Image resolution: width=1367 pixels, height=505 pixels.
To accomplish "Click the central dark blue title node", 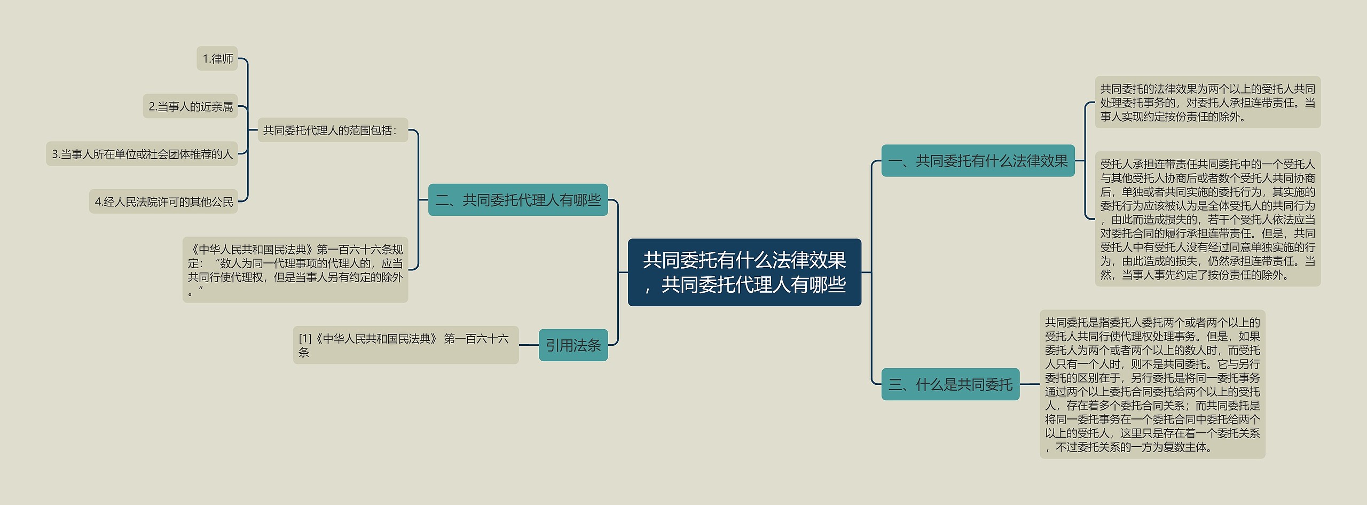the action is [x=744, y=272].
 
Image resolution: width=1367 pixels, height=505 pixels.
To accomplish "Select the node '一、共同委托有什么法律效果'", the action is [x=977, y=160].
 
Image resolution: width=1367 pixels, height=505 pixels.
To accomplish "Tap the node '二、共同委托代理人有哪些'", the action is [x=517, y=200].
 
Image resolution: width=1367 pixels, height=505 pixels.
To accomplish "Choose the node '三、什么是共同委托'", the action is [x=950, y=384].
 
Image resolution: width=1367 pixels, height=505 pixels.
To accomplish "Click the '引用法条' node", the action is [x=573, y=345].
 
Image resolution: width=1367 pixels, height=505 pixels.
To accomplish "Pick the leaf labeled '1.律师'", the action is [x=217, y=58].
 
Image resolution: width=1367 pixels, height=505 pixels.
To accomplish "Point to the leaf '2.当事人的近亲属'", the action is [x=190, y=106].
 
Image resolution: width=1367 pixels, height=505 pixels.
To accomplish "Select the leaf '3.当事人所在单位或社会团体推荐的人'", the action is [x=142, y=154].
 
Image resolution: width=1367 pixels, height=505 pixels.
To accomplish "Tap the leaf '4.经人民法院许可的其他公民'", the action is [x=163, y=201].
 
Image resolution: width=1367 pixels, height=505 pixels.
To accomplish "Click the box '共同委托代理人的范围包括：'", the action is [x=332, y=130].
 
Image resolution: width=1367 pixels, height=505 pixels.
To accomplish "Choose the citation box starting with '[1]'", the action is [x=405, y=345].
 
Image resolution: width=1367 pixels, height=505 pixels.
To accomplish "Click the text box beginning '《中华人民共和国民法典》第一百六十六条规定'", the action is [x=295, y=269].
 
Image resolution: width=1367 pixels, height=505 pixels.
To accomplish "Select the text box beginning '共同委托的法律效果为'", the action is [x=1207, y=102].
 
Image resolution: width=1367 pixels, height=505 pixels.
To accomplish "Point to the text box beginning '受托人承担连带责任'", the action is [x=1207, y=219].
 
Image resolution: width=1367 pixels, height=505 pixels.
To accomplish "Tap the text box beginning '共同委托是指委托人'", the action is [x=1152, y=384].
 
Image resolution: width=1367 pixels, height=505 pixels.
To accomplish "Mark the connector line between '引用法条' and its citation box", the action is [x=529, y=345].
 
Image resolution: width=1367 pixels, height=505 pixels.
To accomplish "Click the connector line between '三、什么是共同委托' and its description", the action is [x=1030, y=384].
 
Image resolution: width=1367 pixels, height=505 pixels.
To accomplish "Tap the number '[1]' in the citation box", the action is [x=305, y=338].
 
